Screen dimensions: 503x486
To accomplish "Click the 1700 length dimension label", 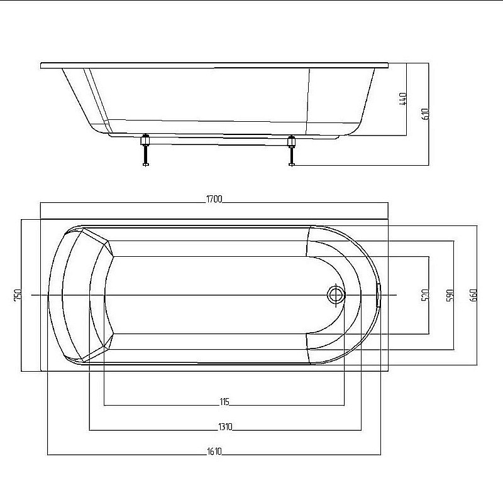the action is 214,199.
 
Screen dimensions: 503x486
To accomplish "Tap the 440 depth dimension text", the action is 402,99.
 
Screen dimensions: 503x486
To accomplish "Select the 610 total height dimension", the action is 425,114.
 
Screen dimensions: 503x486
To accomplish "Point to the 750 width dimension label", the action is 18,294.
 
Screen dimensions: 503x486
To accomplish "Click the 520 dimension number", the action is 425,295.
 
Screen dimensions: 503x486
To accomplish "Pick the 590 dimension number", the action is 450,295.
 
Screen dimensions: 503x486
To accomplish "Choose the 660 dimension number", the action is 473,295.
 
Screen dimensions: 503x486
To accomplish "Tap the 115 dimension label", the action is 224,402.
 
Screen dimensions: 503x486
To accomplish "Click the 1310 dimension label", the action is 225,427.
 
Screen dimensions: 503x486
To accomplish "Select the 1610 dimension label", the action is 214,451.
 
